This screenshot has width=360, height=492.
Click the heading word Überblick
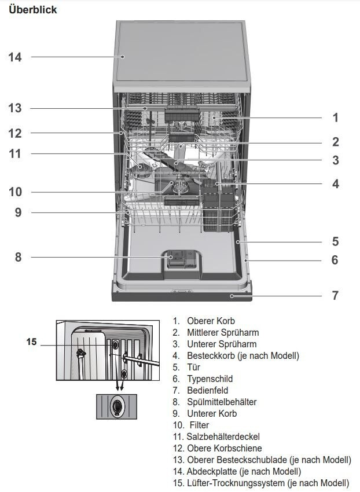point(32,9)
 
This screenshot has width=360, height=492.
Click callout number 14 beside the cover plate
point(14,57)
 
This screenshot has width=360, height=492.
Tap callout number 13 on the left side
point(14,108)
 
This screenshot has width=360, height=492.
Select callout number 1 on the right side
point(336,118)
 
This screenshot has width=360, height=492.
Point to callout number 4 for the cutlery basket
point(336,184)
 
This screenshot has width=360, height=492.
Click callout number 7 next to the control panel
point(335,295)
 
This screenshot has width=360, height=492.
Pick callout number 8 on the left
point(18,258)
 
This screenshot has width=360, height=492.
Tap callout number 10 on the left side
point(15,192)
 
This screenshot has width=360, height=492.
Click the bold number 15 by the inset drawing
point(31,342)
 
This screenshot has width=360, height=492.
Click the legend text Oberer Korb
point(211,321)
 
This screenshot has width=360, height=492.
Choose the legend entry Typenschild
point(210,379)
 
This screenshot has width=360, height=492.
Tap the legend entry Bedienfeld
point(207,390)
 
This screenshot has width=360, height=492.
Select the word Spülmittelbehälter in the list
point(222,402)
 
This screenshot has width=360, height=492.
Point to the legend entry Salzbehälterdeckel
point(223,436)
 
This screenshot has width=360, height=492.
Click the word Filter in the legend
point(199,425)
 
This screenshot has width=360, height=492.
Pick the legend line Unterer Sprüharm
point(222,344)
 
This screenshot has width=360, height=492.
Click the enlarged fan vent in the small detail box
point(117,407)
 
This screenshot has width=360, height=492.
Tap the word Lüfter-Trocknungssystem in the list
point(236,483)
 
